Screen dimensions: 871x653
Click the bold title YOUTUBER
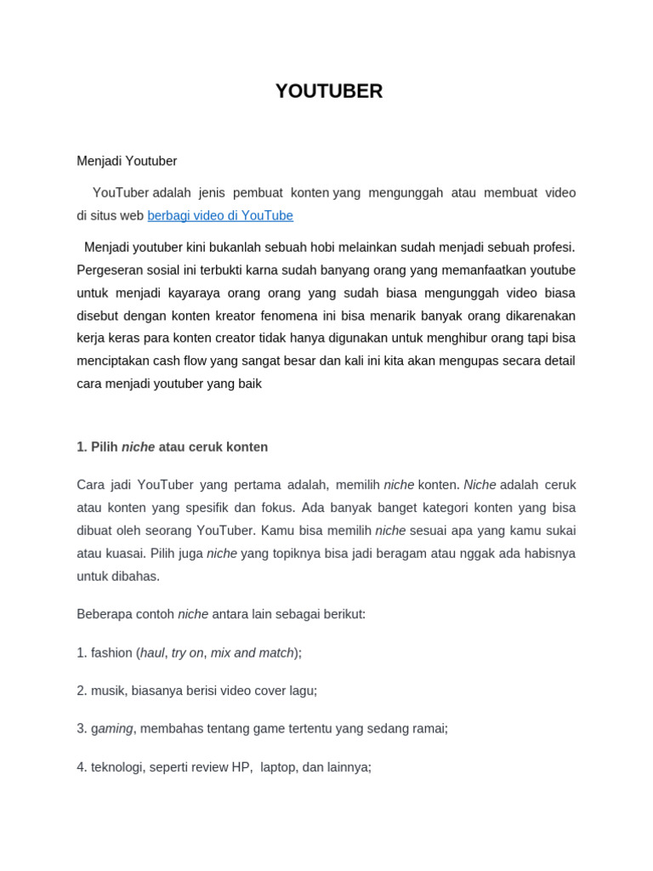(x=328, y=92)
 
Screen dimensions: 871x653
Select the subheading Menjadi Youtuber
(x=127, y=161)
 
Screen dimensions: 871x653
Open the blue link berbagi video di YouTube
(x=219, y=216)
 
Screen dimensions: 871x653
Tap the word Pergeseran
(x=111, y=270)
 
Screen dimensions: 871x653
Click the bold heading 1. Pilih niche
(x=172, y=447)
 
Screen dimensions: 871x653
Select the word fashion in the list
(x=111, y=652)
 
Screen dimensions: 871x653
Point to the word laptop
(x=277, y=767)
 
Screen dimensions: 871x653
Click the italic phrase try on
(x=187, y=652)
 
